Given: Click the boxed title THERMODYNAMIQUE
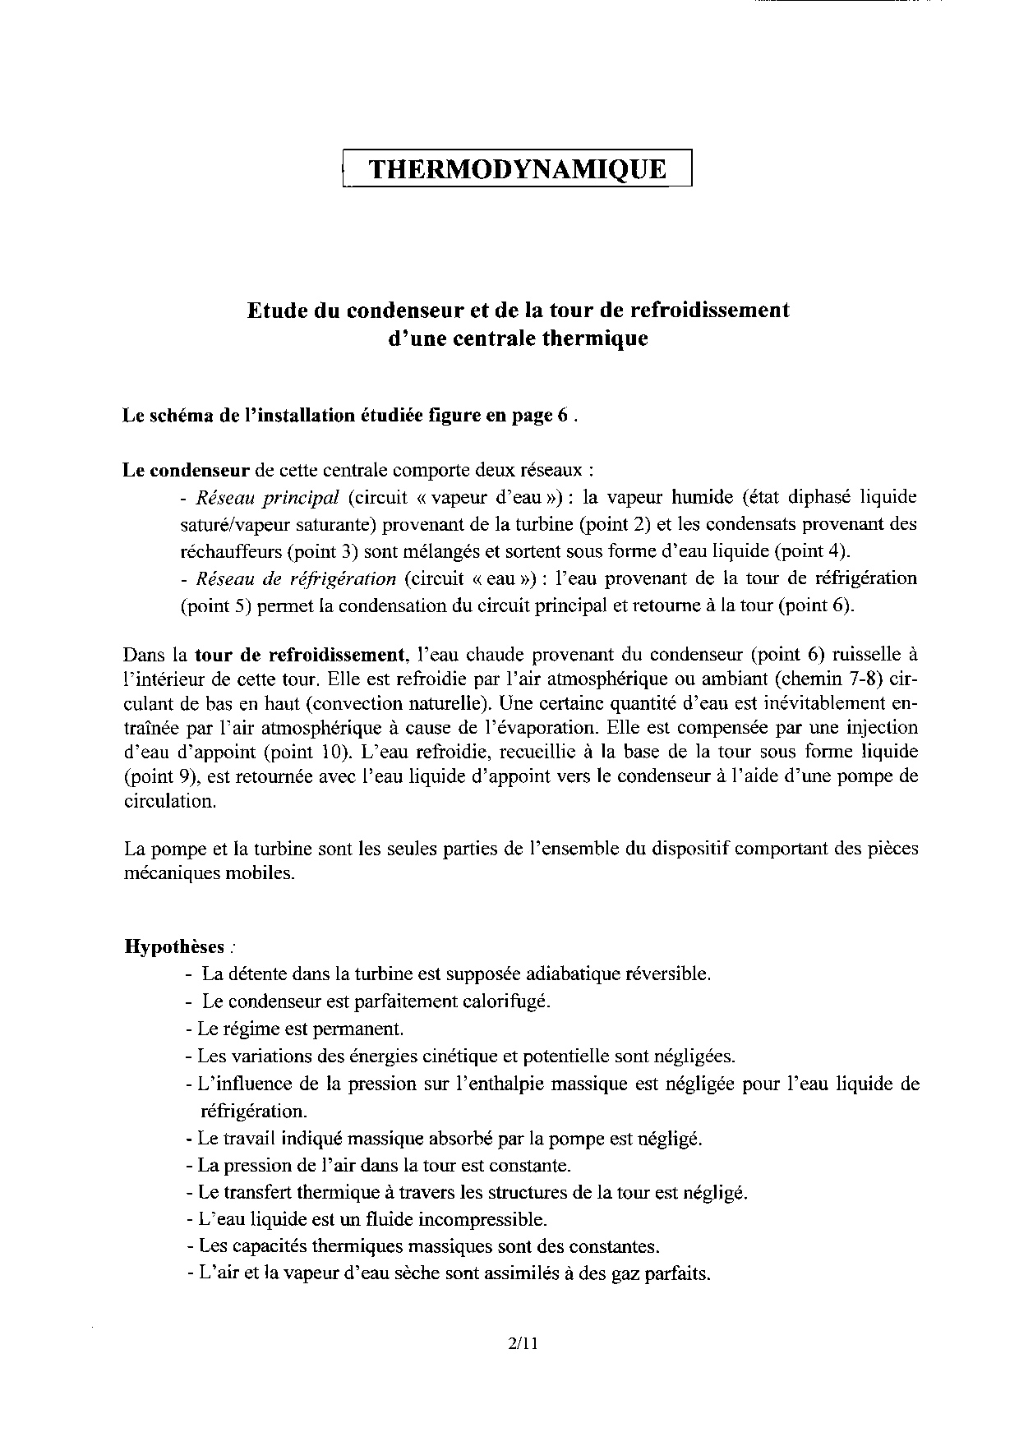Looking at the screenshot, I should pos(517,169).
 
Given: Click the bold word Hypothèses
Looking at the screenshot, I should pos(173,946).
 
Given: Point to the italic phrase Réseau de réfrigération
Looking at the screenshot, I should pos(297,578).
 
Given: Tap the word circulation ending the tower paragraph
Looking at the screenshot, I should pos(170,802).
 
